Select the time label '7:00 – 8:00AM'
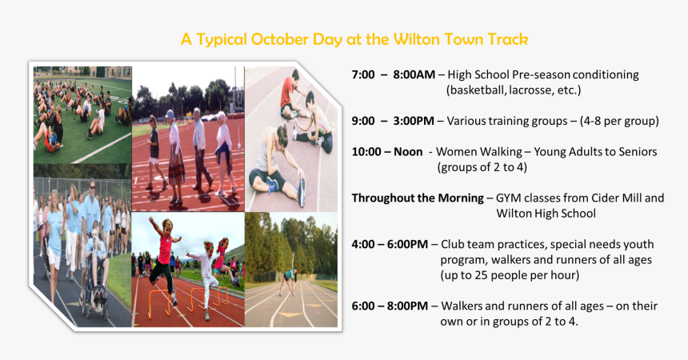(393, 74)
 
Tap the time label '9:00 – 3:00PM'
(393, 121)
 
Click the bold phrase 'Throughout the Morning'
(417, 198)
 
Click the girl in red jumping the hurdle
(164, 252)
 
